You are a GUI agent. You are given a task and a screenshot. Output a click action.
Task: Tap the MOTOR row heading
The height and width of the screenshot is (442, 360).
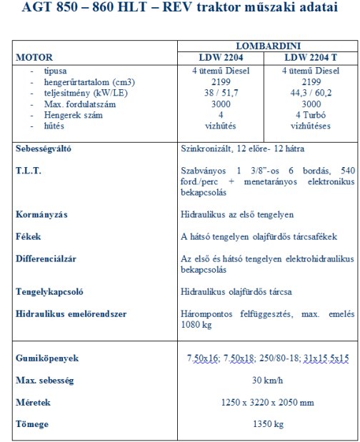click(34, 56)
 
